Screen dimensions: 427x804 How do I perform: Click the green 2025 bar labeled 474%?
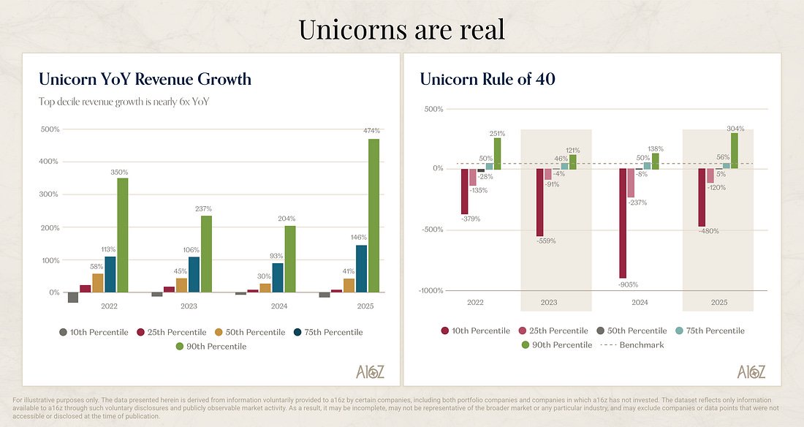tap(373, 216)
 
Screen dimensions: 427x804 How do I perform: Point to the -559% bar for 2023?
tap(540, 203)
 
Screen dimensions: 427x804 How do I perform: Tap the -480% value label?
tap(708, 232)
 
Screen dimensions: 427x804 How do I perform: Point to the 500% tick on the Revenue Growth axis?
tap(50, 129)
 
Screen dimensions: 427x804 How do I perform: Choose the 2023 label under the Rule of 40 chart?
tap(548, 302)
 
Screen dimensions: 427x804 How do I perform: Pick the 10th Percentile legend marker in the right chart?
tap(444, 330)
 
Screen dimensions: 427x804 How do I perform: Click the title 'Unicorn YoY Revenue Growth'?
tap(145, 79)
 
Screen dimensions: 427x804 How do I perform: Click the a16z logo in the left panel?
tap(371, 371)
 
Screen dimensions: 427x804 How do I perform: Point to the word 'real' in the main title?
tap(477, 30)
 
